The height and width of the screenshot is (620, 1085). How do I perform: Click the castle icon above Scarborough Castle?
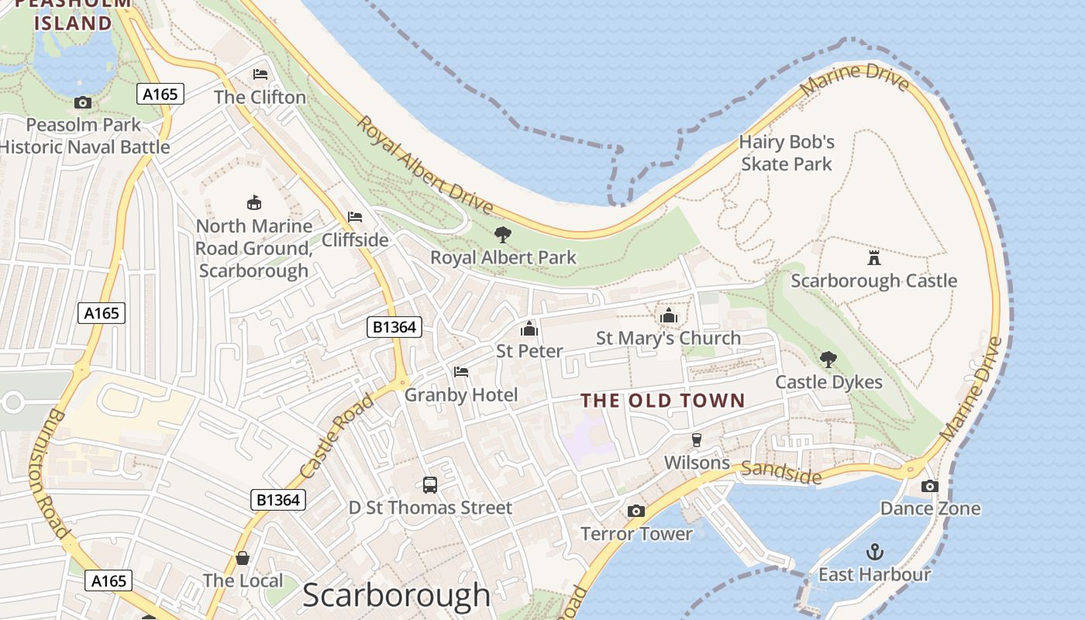(874, 257)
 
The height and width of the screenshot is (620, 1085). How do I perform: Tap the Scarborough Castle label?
(874, 281)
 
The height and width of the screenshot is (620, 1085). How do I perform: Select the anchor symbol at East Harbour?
(874, 552)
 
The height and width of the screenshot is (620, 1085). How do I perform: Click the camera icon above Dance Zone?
(929, 487)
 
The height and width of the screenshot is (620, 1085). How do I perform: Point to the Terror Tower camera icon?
(635, 511)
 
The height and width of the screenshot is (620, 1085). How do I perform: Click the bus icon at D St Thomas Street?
(430, 485)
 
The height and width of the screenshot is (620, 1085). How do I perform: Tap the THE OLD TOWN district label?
(663, 401)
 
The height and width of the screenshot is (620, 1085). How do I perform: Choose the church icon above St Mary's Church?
(668, 315)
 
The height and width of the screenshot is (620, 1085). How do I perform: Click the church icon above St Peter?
(529, 329)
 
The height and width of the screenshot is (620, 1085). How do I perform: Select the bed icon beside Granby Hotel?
(461, 372)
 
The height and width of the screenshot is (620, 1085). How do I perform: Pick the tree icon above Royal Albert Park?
(503, 234)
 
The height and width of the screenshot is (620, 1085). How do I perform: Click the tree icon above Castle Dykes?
(828, 359)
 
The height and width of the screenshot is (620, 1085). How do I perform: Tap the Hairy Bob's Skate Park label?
(787, 153)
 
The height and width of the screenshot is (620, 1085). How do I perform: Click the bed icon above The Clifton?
(260, 74)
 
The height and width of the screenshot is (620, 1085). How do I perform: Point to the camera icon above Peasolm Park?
(83, 102)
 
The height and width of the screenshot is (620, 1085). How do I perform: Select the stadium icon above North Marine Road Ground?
(253, 203)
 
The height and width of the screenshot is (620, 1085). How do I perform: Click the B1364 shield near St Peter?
(394, 327)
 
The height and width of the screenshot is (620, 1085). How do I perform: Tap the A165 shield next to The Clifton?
(160, 95)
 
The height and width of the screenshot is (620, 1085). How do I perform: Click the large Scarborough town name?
(396, 595)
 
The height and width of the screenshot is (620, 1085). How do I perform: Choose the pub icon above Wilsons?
(696, 440)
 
